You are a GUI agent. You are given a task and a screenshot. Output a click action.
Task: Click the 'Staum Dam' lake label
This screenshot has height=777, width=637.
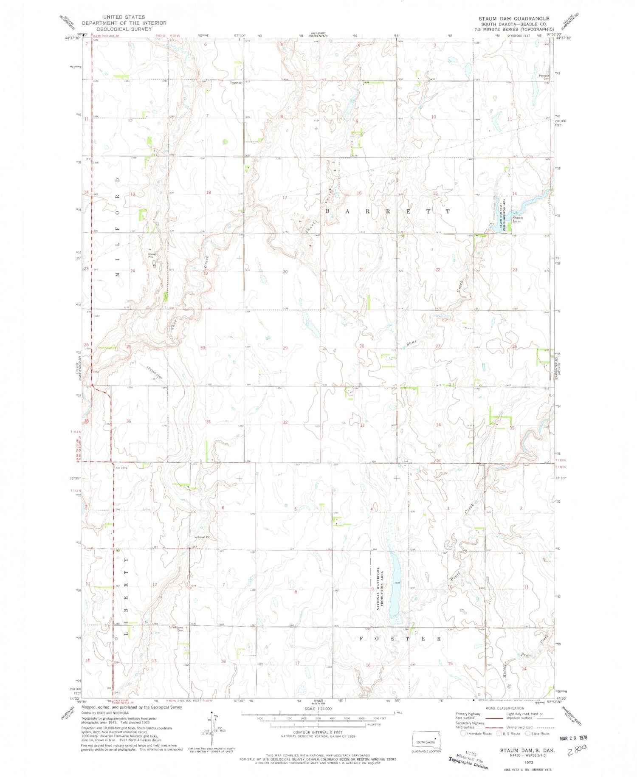point(517,219)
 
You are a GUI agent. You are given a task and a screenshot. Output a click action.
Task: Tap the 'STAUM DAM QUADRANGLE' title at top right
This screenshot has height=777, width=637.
point(514,19)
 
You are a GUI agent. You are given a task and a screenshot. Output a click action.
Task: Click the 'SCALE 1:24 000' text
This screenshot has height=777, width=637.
point(318,709)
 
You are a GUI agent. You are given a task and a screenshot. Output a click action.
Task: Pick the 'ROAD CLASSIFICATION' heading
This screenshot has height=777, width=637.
point(505,708)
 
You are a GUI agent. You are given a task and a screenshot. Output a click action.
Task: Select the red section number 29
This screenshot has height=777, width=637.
point(285,348)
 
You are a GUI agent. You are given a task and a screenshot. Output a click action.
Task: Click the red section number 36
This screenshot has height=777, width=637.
point(129,421)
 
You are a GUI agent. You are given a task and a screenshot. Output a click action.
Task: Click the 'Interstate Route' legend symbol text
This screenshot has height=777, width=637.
point(479,733)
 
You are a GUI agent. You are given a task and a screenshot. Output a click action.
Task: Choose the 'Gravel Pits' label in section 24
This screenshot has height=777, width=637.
point(152,255)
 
